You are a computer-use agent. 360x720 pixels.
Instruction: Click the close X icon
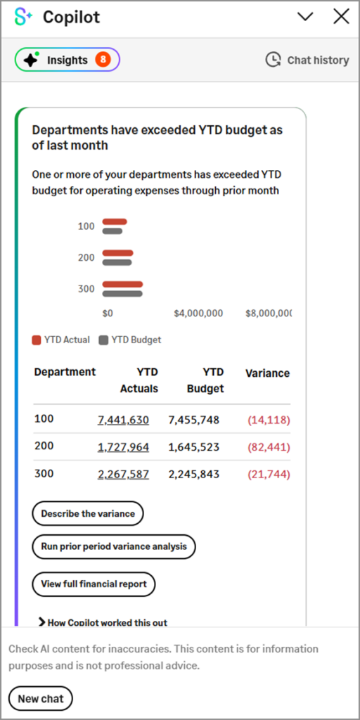click(x=341, y=17)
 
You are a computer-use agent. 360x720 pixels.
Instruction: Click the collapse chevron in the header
click(x=305, y=17)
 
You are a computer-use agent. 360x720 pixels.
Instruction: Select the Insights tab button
click(x=67, y=60)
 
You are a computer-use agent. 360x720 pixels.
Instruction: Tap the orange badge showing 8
click(x=103, y=60)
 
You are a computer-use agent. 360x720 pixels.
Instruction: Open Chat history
click(x=307, y=60)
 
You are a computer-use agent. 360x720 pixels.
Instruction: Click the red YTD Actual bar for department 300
click(x=122, y=285)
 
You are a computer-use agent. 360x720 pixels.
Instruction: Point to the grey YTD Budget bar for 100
click(x=112, y=231)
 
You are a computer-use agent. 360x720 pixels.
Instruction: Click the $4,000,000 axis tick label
click(x=198, y=314)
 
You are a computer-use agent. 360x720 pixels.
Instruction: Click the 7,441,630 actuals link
click(x=123, y=420)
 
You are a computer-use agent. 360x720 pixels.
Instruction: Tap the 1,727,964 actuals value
click(x=123, y=447)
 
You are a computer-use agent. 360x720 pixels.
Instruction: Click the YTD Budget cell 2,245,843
click(x=193, y=474)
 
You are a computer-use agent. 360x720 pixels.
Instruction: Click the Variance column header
click(x=267, y=373)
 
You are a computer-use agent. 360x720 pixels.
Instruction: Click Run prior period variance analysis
click(x=114, y=546)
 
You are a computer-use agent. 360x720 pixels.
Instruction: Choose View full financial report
click(x=94, y=584)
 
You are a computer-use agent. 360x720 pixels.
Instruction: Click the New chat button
click(x=41, y=698)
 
